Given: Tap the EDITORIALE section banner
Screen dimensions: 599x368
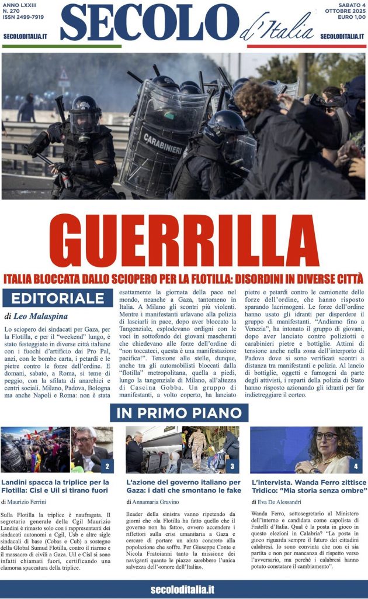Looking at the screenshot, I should point(61,298).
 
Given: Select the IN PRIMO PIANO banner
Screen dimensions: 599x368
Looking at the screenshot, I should point(179,412).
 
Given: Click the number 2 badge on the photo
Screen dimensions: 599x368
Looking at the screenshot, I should point(107,466).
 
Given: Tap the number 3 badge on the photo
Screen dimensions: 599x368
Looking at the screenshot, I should point(232,466).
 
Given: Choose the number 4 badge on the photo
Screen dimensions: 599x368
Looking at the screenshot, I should point(356,466).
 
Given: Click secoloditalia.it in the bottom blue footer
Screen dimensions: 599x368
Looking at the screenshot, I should point(183,589).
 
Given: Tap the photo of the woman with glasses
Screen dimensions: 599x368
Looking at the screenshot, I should point(307,449).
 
